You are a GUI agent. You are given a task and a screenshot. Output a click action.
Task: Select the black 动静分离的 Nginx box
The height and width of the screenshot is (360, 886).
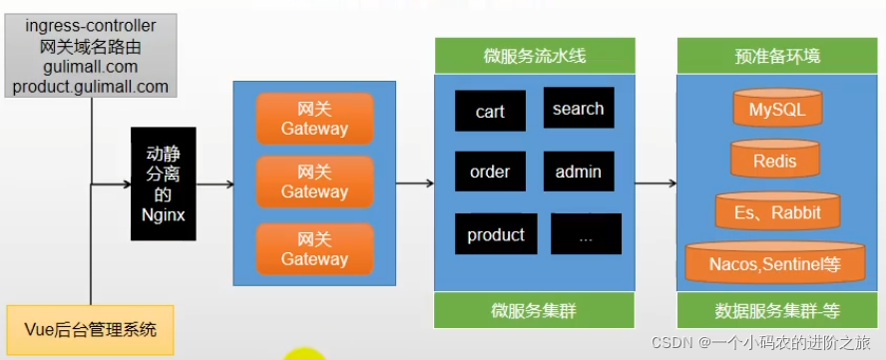tap(163, 182)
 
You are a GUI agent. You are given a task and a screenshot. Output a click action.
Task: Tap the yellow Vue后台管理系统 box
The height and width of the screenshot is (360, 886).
tap(91, 328)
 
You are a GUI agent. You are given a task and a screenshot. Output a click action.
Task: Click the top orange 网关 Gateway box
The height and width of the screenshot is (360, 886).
tap(314, 119)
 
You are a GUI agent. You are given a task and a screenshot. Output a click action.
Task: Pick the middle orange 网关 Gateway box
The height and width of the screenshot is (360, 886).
tap(314, 182)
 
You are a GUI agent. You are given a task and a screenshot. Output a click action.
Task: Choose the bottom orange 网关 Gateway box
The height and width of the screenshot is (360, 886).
tap(314, 249)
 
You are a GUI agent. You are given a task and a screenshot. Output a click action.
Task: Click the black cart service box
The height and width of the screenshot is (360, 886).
tap(490, 111)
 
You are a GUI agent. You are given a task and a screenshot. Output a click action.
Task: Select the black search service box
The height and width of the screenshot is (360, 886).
tap(579, 108)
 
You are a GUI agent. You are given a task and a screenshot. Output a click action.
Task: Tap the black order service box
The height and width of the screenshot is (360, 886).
tap(490, 172)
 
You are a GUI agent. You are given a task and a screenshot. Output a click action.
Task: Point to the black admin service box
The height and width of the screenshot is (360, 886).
tap(579, 172)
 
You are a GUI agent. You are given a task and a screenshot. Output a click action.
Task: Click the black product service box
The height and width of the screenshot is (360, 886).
tap(496, 234)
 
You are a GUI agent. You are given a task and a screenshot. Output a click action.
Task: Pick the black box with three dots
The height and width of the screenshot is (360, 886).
tap(586, 234)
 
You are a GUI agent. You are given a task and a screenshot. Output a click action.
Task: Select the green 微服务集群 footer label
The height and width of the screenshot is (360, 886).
tap(535, 310)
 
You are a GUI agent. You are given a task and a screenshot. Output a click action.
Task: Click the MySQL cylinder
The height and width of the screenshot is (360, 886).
tap(776, 109)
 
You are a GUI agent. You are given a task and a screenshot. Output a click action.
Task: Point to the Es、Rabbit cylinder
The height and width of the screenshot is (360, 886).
tap(778, 210)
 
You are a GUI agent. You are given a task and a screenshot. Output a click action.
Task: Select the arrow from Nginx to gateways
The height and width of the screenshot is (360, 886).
tap(215, 183)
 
